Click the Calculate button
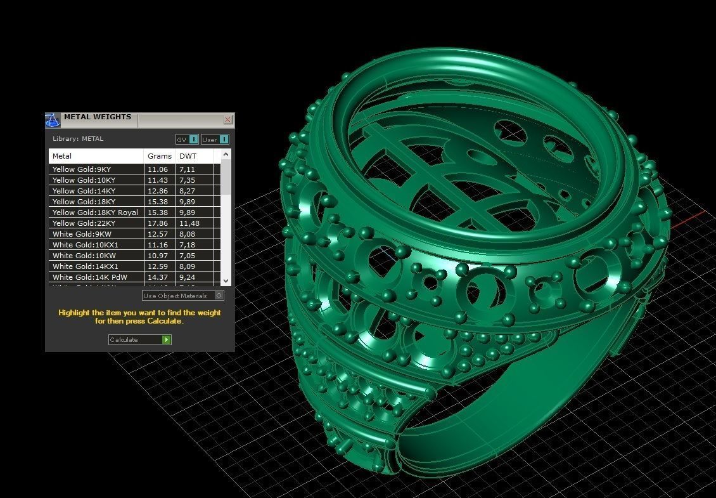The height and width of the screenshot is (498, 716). (x=139, y=340)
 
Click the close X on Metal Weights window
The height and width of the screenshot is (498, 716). (x=228, y=119)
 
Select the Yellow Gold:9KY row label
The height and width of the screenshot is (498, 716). (x=82, y=169)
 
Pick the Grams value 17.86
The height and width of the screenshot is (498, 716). (x=158, y=223)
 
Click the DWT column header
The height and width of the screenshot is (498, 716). (x=188, y=156)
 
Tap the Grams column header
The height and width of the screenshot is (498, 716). (x=160, y=156)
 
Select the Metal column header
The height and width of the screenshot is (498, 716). (x=62, y=156)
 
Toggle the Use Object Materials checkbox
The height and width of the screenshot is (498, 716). (x=219, y=296)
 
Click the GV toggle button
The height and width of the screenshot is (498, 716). (x=187, y=140)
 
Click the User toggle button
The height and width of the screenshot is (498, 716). (x=215, y=140)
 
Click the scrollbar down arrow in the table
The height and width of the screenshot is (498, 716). (x=226, y=280)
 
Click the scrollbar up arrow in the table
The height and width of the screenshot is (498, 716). (x=226, y=155)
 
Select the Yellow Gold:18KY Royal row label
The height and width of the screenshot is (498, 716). (x=95, y=213)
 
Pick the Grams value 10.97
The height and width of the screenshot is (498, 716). (x=158, y=256)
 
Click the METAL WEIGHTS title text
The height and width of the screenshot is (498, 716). (x=98, y=117)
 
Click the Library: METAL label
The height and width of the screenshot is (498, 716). (x=78, y=139)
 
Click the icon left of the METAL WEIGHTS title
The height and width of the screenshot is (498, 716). (x=53, y=119)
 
